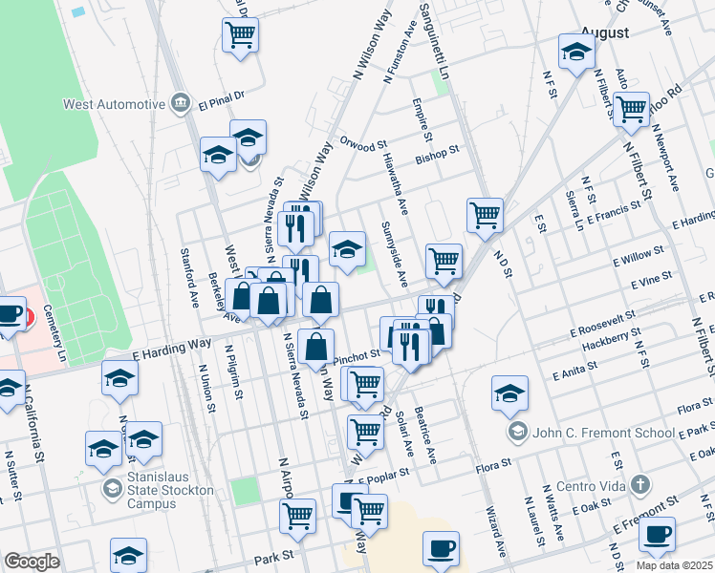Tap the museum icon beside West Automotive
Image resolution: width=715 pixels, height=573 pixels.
click(180, 103)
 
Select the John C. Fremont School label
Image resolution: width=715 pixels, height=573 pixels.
click(604, 433)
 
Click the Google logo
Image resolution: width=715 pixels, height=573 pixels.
click(32, 562)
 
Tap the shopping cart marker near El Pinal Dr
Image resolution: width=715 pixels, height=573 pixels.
click(240, 36)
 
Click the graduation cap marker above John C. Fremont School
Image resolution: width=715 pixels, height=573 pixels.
click(509, 392)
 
